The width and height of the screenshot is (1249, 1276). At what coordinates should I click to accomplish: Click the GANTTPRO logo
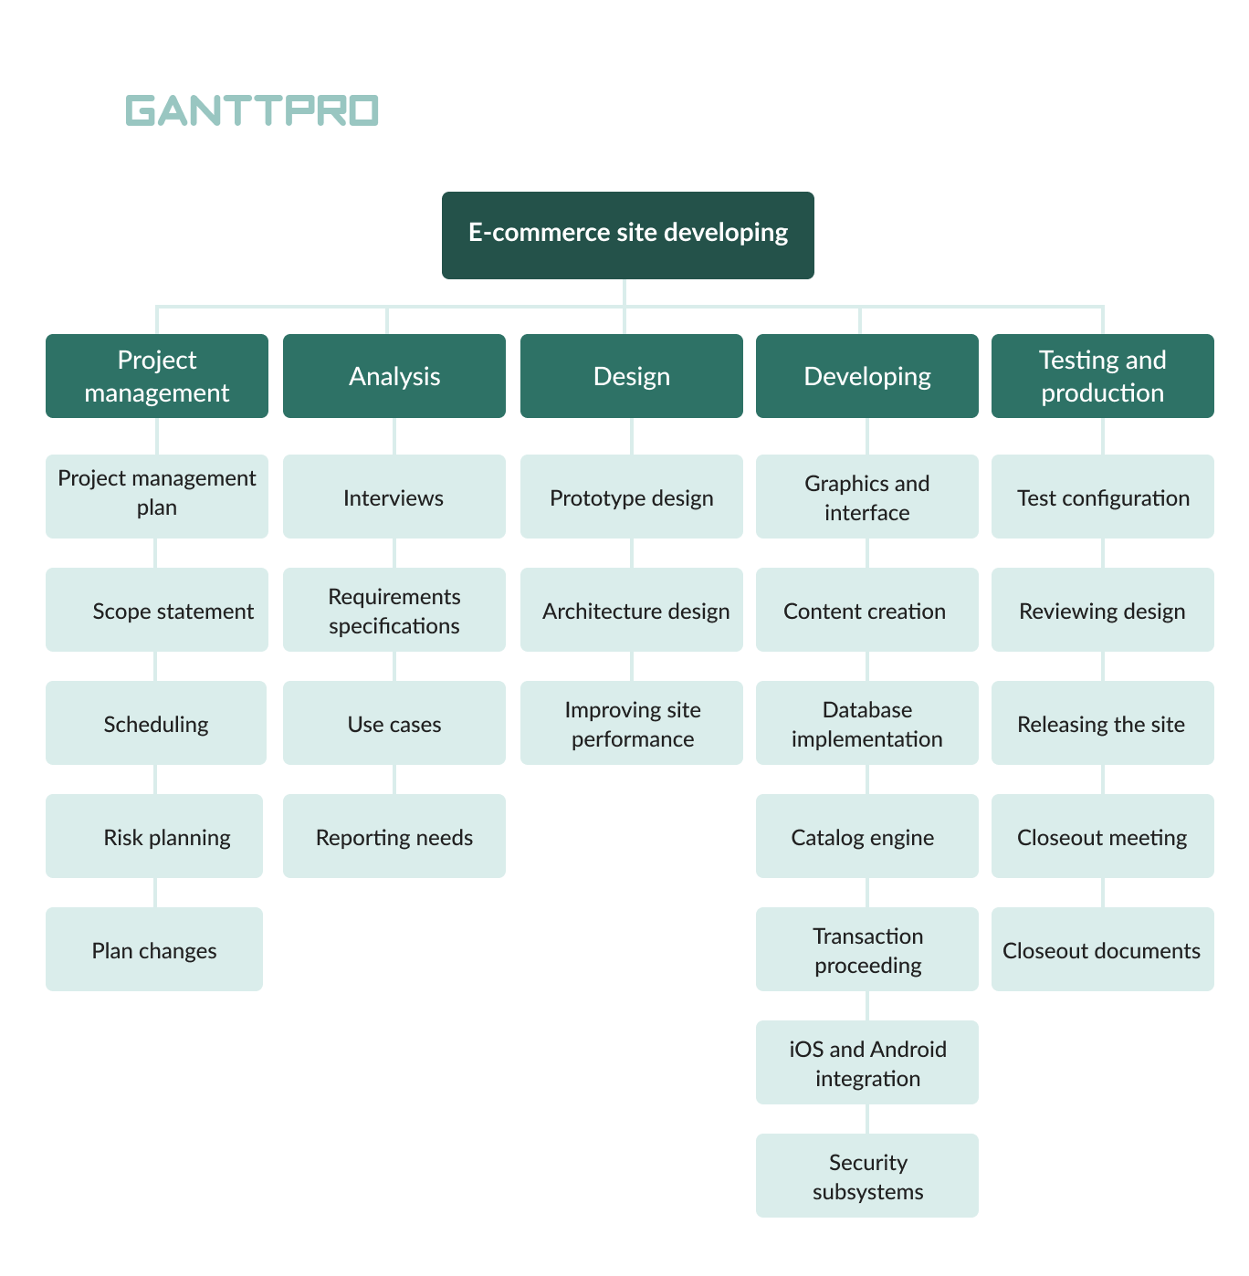251,110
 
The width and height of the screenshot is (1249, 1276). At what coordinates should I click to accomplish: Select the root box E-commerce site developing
627,235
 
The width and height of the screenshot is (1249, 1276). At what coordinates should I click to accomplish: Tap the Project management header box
157,376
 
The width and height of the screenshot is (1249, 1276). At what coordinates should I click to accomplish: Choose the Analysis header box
394,376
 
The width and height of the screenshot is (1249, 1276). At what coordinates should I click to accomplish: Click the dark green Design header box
631,376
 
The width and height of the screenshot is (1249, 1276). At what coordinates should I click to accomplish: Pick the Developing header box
866,376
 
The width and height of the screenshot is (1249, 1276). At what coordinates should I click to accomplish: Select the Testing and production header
1102,376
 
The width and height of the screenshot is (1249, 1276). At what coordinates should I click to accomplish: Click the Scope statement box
157,610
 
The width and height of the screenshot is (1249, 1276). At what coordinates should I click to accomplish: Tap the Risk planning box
154,836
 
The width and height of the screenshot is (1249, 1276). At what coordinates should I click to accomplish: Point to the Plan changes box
154,949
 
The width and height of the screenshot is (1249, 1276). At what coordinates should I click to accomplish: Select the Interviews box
394,497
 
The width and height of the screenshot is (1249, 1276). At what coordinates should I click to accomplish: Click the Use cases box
394,723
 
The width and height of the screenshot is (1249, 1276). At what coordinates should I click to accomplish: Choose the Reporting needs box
394,836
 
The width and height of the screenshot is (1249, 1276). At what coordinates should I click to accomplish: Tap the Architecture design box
631,610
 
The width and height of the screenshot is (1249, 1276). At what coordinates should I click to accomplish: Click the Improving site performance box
631,723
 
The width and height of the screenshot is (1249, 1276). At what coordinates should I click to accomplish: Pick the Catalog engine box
866,836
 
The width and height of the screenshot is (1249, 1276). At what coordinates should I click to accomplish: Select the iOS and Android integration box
866,1062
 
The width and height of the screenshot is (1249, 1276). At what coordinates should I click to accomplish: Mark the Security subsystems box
866,1176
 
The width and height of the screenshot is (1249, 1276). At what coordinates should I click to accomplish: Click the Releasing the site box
1102,723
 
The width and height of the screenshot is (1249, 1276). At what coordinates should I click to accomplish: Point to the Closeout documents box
1102,949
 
